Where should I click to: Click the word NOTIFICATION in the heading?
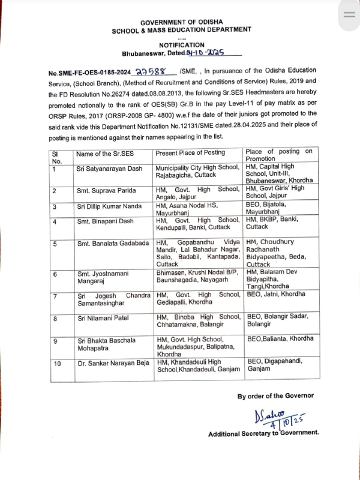coord(181,45)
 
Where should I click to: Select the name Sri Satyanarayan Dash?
coord(109,169)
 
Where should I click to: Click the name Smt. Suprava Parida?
coord(101,191)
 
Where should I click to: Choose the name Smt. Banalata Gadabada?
coord(112,244)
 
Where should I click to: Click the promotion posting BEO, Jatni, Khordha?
coord(276,294)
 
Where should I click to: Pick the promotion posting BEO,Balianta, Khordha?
coord(280,338)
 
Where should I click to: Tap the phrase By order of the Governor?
coord(275,396)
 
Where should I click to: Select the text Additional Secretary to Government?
coord(263,433)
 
